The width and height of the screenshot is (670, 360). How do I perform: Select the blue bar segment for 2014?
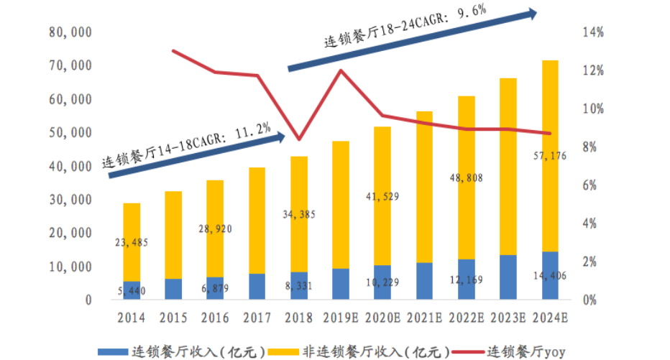click(132, 290)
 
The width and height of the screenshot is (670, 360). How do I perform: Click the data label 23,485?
click(132, 242)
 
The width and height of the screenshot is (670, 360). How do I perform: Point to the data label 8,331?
click(298, 285)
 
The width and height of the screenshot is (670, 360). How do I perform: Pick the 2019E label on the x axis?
click(340, 317)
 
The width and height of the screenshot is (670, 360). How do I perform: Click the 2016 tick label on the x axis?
click(215, 317)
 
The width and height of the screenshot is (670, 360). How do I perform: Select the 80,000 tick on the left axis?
click(70, 32)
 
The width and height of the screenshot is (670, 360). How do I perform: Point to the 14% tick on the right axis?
click(593, 32)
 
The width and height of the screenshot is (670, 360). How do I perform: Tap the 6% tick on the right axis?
click(591, 185)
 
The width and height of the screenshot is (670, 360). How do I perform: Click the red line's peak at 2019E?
click(341, 70)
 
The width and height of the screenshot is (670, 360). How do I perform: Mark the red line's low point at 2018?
click(299, 139)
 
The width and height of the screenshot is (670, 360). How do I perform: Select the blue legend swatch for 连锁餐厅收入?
click(112, 351)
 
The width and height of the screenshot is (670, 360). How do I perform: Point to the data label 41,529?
click(382, 196)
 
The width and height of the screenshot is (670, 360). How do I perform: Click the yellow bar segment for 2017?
click(257, 220)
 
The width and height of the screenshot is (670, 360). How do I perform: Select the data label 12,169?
click(465, 280)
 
